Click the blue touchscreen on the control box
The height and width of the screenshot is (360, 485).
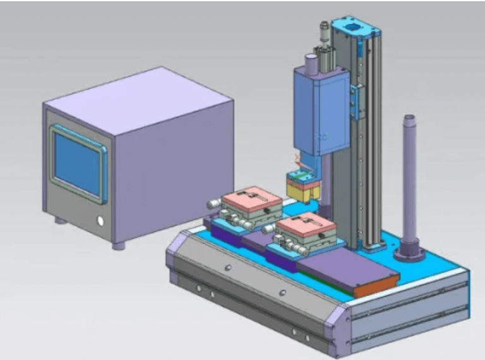click(x=77, y=164)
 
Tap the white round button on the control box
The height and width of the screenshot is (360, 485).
click(x=100, y=221)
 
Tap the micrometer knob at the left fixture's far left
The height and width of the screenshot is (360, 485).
click(x=212, y=203)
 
